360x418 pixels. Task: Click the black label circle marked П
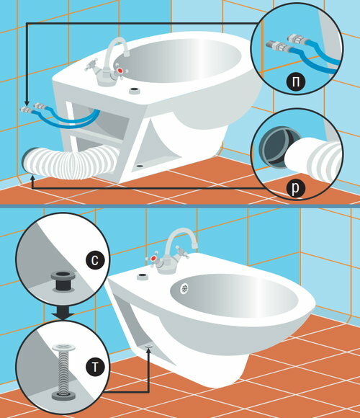[295, 81]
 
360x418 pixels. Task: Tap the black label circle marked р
[295, 188]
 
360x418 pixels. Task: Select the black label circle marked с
[95, 260]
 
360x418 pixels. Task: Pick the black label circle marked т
[95, 367]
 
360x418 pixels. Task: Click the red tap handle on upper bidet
[121, 71]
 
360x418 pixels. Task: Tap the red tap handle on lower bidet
[153, 259]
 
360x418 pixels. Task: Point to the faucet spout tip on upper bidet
[127, 53]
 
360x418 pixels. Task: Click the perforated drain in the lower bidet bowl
[184, 289]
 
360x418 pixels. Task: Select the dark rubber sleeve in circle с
[63, 281]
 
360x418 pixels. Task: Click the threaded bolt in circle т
[63, 370]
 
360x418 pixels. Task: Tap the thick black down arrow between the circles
[63, 313]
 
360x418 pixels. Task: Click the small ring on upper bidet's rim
[135, 90]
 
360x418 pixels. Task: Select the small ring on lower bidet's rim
[143, 276]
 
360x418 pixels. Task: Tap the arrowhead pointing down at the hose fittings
[27, 104]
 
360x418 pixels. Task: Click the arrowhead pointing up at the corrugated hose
[32, 178]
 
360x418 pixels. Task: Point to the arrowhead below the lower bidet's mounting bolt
[148, 350]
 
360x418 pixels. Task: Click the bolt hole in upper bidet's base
[139, 166]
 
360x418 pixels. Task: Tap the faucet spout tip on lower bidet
[194, 244]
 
